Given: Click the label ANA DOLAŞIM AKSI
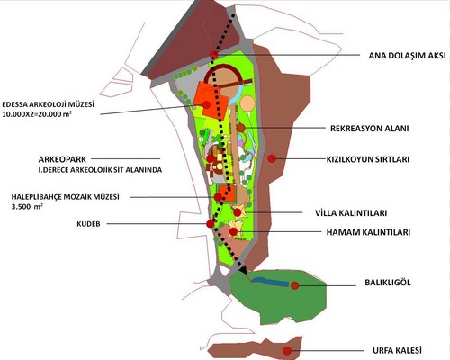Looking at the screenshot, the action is [x=407, y=56].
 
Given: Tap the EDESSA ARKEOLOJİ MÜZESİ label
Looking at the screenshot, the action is [x=48, y=104].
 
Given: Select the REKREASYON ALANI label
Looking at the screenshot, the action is [x=370, y=129].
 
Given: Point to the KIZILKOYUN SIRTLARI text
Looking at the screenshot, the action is [x=368, y=159].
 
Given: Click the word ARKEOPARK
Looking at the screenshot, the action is [x=62, y=159].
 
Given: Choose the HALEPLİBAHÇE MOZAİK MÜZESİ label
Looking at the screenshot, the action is [x=66, y=197].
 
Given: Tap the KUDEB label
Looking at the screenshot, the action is [x=88, y=224].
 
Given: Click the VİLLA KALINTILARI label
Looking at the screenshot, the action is [x=351, y=213].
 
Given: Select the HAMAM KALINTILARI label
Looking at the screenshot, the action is [x=368, y=232].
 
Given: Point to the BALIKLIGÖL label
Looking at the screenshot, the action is [x=388, y=283].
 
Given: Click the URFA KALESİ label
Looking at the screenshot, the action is [x=397, y=350].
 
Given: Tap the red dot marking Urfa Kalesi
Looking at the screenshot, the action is [x=287, y=350].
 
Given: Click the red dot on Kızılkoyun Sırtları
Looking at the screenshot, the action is [x=272, y=158].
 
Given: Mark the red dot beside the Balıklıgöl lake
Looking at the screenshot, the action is [x=295, y=285].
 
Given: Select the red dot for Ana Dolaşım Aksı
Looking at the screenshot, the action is [x=214, y=55].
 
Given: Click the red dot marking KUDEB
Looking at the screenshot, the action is [x=211, y=224].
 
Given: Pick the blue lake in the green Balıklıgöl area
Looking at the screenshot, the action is [x=270, y=282].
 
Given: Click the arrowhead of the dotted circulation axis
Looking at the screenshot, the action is [x=242, y=270].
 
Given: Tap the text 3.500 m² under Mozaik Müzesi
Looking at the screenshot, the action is [x=27, y=207].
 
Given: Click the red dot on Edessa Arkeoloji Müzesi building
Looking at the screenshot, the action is [x=206, y=104].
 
